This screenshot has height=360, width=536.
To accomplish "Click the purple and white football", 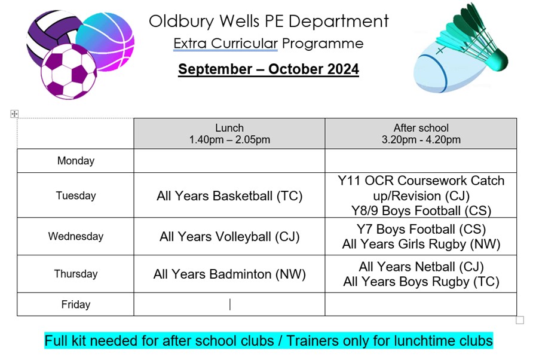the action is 69,72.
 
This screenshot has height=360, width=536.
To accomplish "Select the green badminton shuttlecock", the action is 477,38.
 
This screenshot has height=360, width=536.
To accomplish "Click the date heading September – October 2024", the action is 268,69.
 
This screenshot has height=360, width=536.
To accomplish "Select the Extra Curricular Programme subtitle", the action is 268,44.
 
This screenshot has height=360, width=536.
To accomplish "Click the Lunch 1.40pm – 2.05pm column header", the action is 229,133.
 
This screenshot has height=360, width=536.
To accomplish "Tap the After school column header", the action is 421,133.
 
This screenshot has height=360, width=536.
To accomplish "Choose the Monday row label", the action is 75,160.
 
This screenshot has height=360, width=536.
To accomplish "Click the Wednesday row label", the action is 75,236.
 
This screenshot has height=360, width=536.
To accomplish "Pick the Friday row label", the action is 75,304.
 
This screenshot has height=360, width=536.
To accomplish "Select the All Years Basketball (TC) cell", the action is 229,196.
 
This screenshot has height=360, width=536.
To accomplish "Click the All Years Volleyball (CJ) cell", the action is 229,236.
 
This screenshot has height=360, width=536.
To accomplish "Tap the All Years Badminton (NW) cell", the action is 229,274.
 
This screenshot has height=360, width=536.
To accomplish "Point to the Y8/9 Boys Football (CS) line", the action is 421,210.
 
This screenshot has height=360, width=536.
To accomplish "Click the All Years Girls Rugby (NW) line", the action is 421,244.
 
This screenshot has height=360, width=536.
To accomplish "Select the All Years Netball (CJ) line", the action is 421,267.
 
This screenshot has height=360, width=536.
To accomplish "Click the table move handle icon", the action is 14,114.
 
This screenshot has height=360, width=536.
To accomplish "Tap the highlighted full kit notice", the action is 268,341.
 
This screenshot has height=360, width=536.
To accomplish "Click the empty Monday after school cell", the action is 421,160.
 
